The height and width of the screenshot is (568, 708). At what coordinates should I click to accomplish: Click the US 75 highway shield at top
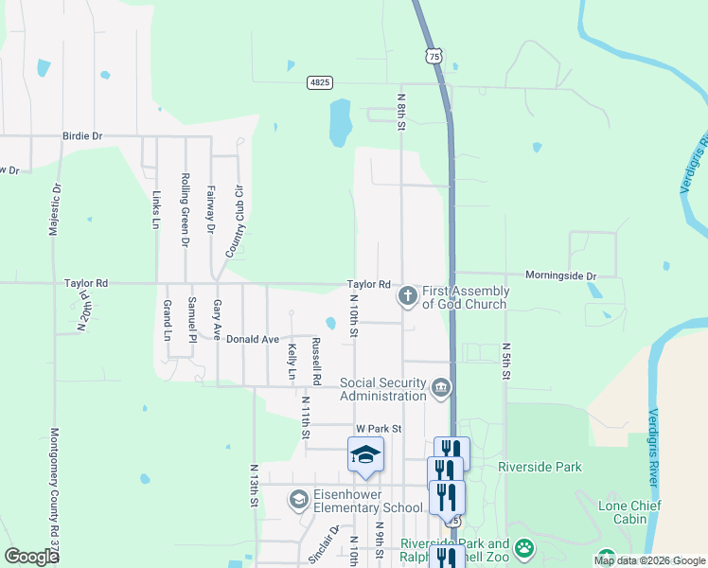434,57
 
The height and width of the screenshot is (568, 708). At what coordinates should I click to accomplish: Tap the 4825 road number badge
319,83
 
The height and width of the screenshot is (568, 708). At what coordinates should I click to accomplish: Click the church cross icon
407,297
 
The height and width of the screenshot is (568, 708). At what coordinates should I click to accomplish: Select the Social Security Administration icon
441,387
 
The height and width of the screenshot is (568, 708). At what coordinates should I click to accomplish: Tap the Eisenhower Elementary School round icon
298,500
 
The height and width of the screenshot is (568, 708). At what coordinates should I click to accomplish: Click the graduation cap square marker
365,455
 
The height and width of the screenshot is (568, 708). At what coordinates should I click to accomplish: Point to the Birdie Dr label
82,136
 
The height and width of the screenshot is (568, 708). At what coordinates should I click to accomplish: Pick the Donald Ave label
252,339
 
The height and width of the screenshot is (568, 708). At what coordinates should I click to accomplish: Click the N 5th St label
506,362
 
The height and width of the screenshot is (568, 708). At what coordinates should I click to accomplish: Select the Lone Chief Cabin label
635,512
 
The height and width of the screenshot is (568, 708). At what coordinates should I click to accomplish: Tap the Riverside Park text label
540,467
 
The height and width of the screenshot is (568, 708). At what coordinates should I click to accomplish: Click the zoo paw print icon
524,547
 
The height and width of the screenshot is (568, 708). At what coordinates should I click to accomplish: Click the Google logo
31,556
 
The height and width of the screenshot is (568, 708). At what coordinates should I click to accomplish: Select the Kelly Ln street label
292,362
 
